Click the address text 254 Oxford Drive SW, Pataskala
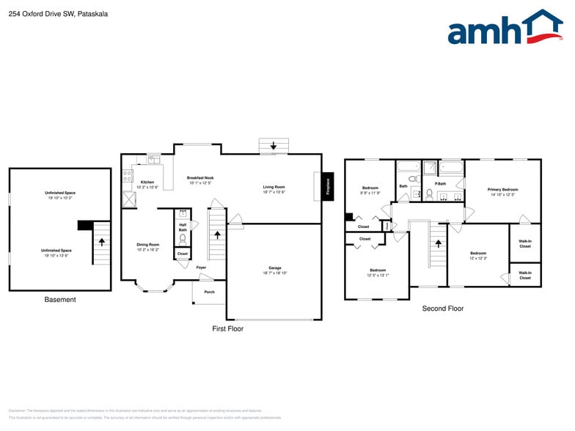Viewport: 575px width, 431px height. point(48,12)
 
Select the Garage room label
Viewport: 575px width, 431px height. point(275,268)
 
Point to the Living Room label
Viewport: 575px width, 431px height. point(274,187)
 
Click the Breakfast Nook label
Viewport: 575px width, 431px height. point(200,178)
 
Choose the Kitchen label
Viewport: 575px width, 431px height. point(147,182)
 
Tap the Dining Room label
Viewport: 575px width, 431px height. point(147,245)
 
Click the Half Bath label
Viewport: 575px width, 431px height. point(183,228)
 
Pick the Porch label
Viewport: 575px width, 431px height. point(209,292)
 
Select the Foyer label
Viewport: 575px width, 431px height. point(201,268)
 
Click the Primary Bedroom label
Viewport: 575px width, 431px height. point(503,190)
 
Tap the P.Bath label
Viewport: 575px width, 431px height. point(441,183)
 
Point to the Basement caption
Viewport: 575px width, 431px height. point(60,299)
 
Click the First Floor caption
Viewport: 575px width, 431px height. point(227,328)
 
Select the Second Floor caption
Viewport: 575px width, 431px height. point(443,309)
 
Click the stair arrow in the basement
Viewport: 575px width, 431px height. point(102,240)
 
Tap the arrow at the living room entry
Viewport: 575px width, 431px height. point(274,146)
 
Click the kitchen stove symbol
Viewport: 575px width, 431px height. point(127,176)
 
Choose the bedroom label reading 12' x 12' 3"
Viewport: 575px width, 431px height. point(478,256)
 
